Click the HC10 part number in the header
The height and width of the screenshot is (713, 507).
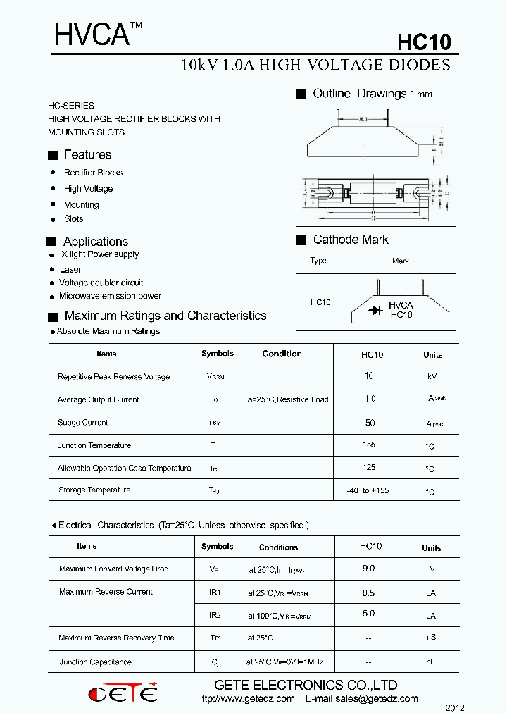click(423, 42)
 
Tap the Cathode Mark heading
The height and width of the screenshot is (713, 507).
click(350, 240)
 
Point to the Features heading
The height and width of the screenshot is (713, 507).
click(87, 154)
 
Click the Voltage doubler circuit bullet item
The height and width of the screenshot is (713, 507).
click(101, 283)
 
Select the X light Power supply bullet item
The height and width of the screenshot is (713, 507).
click(100, 254)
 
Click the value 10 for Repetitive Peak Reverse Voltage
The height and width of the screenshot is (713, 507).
click(369, 376)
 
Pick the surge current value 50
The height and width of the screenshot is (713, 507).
click(370, 423)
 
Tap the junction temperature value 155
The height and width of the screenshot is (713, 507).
click(369, 445)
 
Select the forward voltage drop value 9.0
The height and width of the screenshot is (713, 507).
click(368, 568)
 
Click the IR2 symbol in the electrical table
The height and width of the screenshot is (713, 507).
click(215, 615)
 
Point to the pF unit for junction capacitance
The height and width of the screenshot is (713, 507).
click(431, 662)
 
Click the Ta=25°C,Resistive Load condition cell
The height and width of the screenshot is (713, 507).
click(286, 399)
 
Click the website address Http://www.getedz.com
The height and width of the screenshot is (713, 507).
click(244, 699)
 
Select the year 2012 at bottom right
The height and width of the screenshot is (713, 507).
click(455, 707)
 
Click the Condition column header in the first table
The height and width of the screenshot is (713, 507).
click(282, 354)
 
